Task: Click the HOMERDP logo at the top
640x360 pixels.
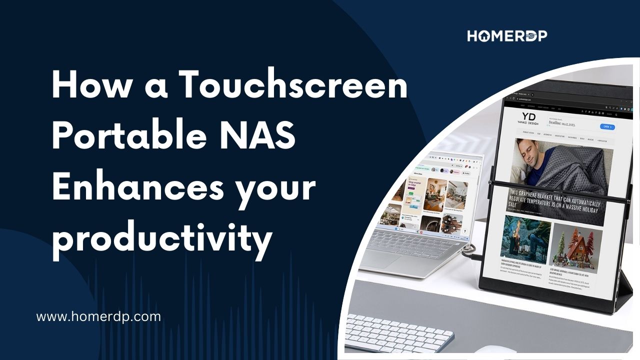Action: pyautogui.click(x=507, y=36)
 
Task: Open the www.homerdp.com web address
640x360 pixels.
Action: pyautogui.click(x=99, y=316)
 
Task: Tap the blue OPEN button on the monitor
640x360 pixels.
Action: pyautogui.click(x=606, y=127)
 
